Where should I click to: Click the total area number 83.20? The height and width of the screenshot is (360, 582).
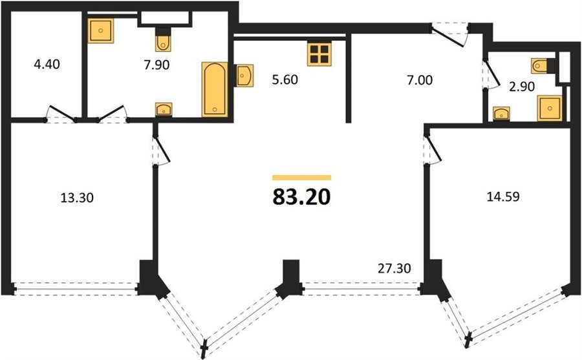[301, 197]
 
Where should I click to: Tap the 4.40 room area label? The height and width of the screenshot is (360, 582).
[47, 64]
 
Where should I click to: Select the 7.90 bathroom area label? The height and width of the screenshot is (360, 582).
[156, 65]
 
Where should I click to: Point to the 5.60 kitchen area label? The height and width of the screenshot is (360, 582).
[285, 79]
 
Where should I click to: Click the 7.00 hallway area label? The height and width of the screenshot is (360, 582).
[420, 79]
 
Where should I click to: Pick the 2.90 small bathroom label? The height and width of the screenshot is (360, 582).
[522, 87]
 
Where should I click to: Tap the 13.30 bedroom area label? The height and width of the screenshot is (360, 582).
[77, 198]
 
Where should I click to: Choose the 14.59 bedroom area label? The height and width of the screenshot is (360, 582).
[503, 196]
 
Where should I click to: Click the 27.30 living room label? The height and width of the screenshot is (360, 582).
[394, 268]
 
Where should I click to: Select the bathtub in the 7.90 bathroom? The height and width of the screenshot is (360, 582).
[215, 89]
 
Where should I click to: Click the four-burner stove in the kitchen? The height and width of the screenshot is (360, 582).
[319, 54]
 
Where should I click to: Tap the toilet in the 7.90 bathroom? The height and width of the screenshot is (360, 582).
[163, 40]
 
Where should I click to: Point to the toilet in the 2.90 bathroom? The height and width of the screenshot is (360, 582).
[543, 66]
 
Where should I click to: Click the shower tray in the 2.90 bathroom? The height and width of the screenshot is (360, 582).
[550, 108]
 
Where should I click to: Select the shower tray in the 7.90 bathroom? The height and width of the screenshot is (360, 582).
[101, 31]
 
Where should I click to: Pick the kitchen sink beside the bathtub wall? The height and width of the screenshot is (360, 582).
[244, 76]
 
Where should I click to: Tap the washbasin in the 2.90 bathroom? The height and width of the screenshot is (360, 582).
[501, 113]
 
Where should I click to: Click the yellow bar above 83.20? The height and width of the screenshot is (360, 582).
[301, 177]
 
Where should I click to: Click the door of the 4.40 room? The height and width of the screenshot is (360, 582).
[61, 114]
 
